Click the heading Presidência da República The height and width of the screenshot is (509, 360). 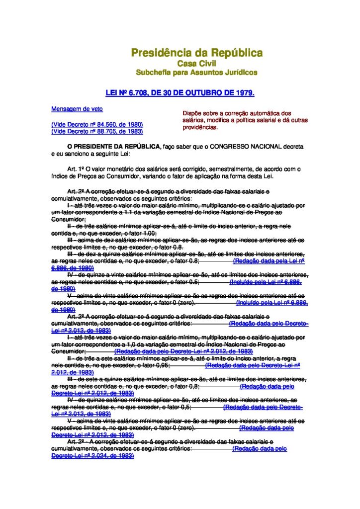pos(196,53)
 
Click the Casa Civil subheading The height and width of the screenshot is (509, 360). pos(196,64)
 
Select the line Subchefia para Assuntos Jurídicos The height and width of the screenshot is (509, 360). pos(196,73)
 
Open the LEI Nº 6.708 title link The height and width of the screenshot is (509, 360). pos(180,93)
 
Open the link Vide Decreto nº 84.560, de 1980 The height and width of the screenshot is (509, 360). pos(97,124)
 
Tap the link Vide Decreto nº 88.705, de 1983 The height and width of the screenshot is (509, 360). pos(97,131)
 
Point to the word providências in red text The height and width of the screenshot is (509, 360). pos(200,128)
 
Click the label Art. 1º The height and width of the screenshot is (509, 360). pos(75,169)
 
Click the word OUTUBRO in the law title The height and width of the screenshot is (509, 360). pos(199,93)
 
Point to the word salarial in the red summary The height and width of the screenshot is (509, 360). pos(268,121)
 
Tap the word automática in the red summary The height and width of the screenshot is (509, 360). pos(266,113)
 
